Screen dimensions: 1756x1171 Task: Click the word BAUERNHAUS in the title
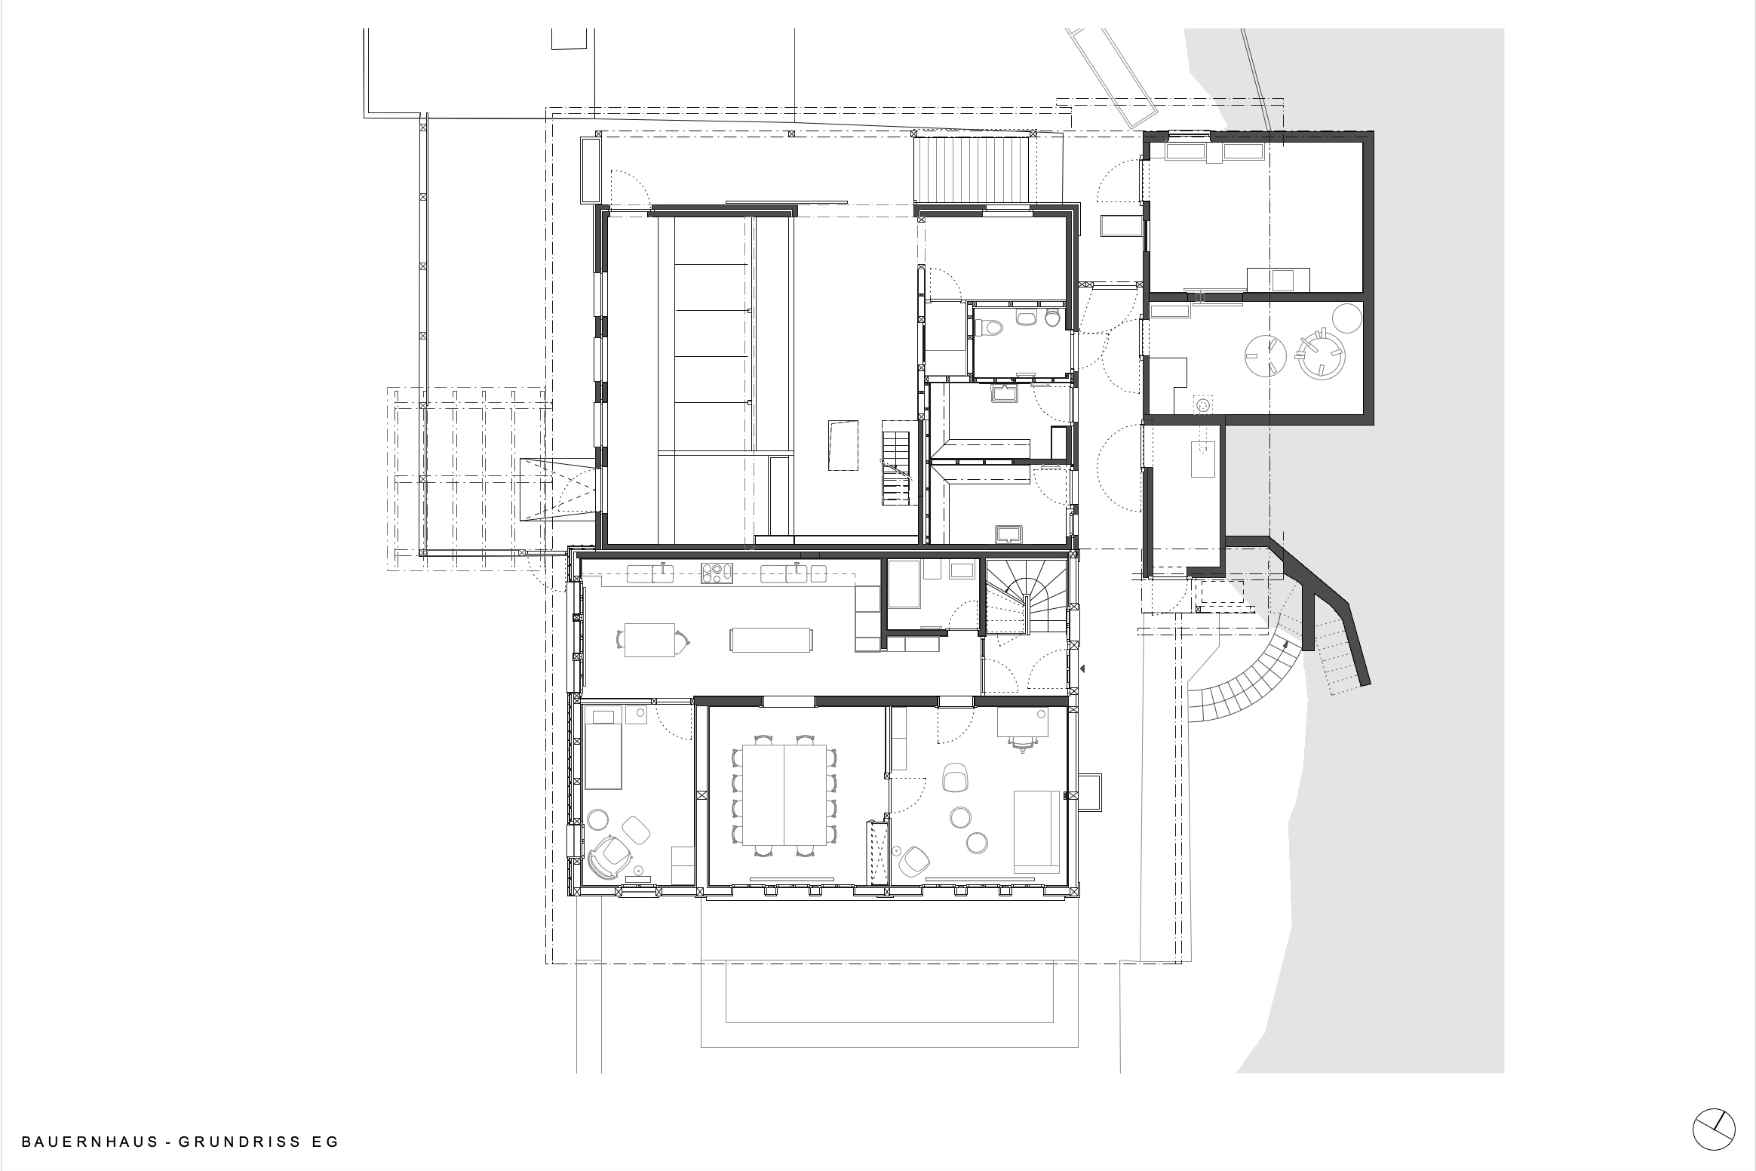click(89, 1142)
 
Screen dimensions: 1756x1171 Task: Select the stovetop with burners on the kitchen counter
click(189, 573)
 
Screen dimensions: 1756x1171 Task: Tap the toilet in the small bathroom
click(988, 327)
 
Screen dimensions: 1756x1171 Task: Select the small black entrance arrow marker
click(1082, 668)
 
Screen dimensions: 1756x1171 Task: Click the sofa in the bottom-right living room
click(1037, 831)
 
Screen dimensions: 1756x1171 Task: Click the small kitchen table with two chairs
click(650, 640)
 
